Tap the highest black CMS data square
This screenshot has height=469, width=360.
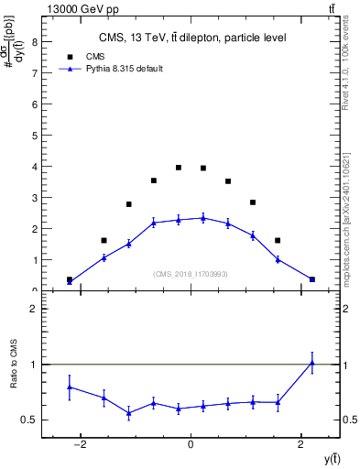click(x=179, y=168)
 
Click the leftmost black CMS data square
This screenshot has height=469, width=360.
click(x=70, y=279)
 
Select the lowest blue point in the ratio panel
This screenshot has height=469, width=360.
click(x=129, y=413)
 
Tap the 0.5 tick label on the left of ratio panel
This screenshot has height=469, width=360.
click(x=30, y=420)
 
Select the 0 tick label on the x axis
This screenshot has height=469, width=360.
click(x=191, y=444)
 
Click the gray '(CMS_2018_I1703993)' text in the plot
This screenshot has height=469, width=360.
click(x=191, y=273)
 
